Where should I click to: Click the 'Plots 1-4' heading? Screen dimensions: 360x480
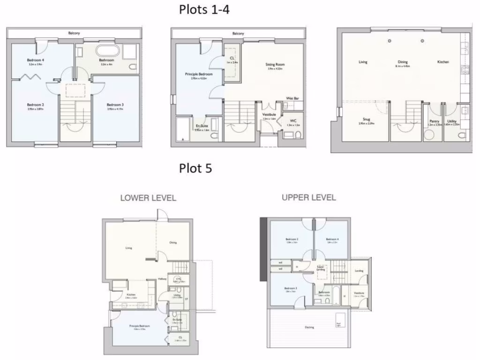204,9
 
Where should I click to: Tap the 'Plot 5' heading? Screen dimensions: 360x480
195,168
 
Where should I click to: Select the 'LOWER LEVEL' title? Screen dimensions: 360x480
148,198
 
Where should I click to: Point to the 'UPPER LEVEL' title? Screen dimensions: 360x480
309,197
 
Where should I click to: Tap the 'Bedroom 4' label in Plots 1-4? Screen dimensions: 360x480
35,60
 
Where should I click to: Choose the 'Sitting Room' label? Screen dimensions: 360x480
276,65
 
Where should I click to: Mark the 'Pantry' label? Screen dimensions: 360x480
434,121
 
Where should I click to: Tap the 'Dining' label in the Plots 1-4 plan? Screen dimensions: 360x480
403,62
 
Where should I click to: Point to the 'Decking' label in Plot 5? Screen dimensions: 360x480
309,327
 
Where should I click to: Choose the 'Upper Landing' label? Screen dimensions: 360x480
321,267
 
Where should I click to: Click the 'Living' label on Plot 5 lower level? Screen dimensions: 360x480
128,248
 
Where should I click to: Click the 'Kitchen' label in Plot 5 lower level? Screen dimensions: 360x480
131,295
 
